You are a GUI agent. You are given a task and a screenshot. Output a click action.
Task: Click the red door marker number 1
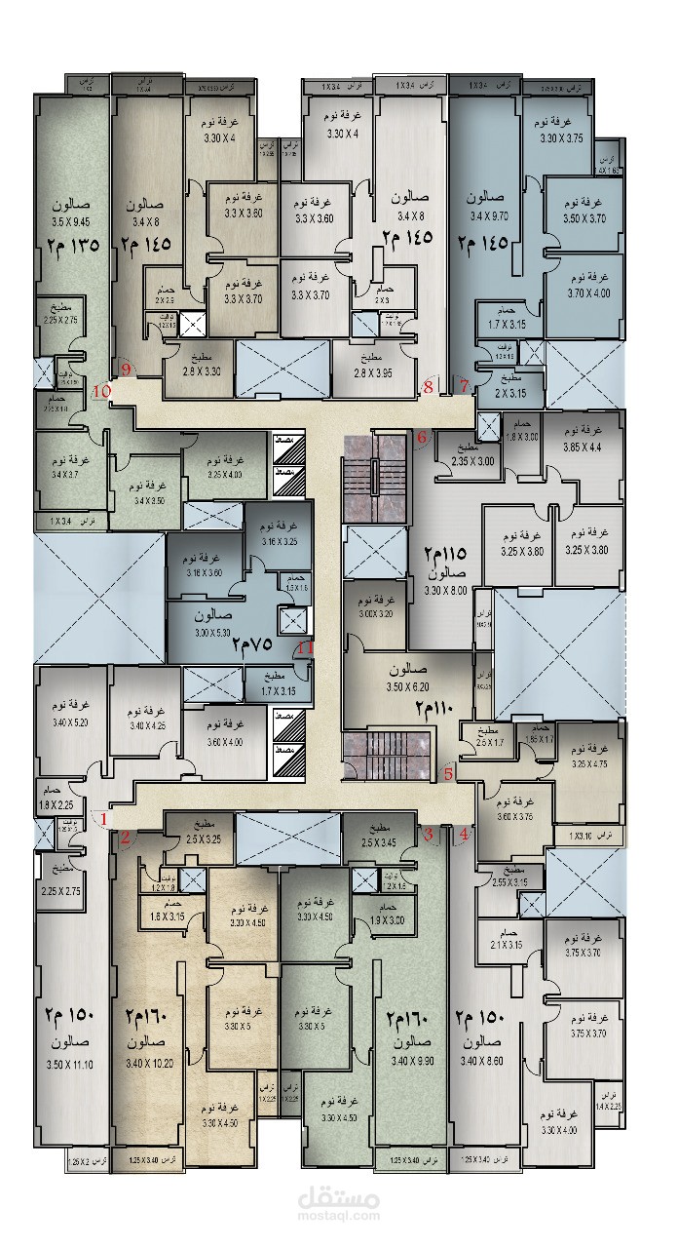(104, 819)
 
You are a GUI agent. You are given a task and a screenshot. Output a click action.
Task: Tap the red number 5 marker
(448, 775)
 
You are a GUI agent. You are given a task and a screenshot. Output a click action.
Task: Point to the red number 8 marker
(428, 388)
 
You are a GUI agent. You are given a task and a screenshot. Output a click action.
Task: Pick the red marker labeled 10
(101, 392)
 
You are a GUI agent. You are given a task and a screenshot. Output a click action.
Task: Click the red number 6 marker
(422, 438)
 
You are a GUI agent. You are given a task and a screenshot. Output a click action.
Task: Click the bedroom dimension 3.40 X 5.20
(69, 722)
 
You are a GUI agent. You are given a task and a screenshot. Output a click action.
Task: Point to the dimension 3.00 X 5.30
(212, 633)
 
